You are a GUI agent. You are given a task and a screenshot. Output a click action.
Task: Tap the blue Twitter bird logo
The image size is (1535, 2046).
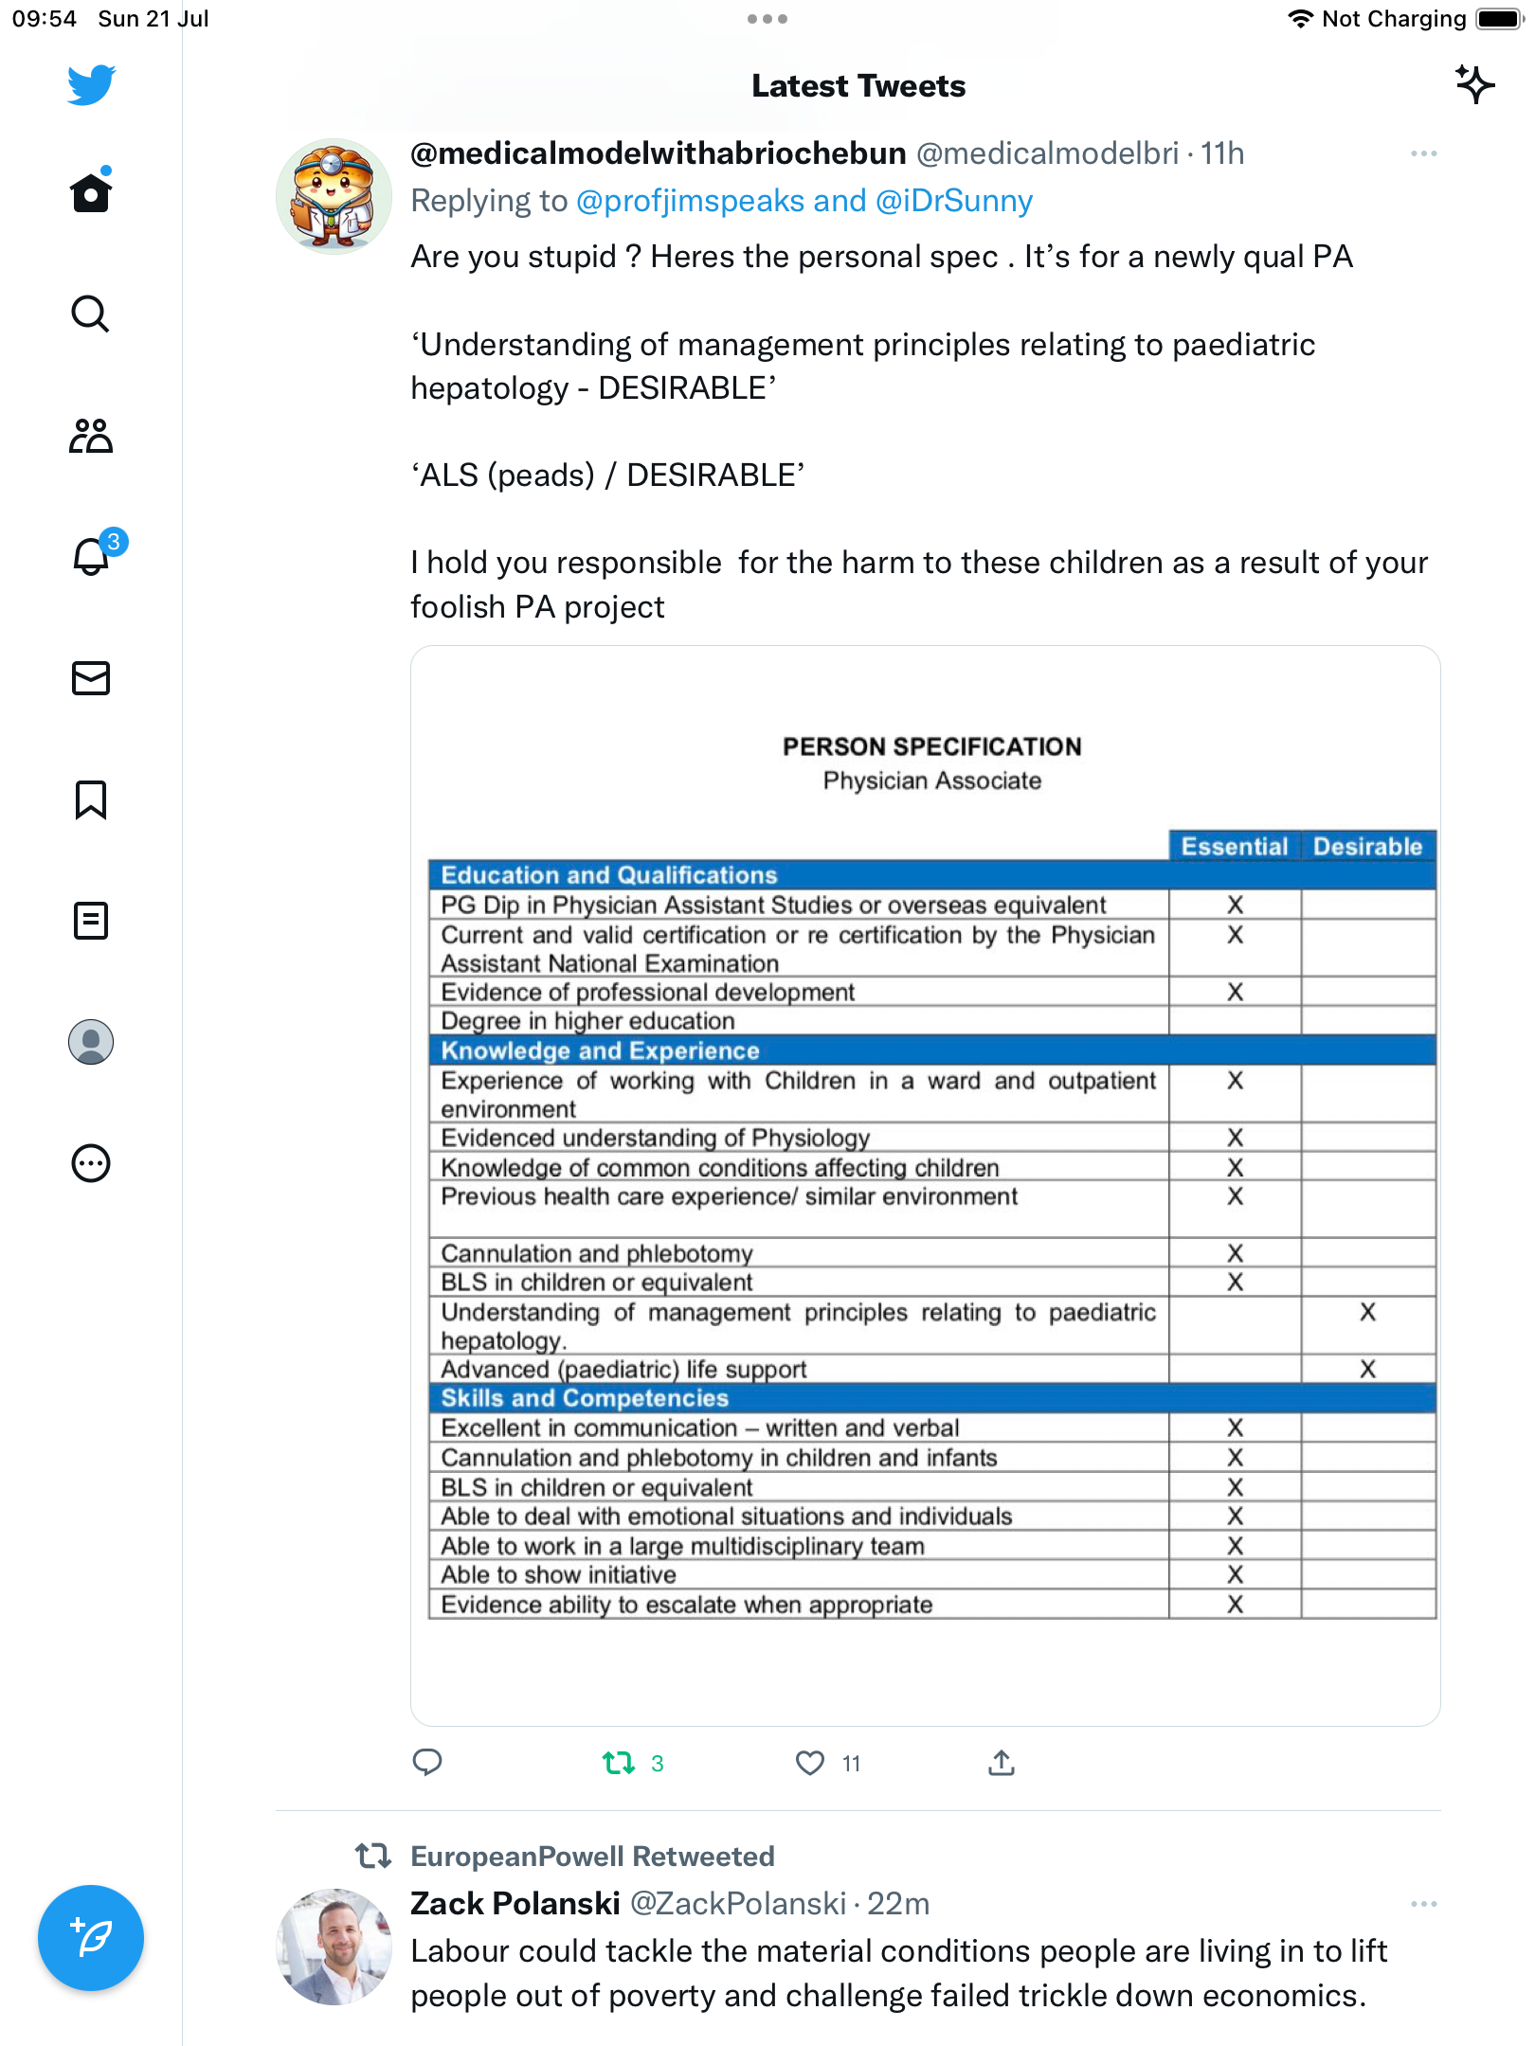point(91,85)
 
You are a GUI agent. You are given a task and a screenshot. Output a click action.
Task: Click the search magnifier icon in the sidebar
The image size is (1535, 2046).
point(91,314)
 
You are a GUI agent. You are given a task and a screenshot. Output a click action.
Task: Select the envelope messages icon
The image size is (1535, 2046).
point(91,678)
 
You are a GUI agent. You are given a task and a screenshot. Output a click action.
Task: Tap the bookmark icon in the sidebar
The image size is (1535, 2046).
point(91,799)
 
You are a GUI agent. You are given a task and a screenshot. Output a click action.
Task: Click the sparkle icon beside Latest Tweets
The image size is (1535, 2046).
point(1474,85)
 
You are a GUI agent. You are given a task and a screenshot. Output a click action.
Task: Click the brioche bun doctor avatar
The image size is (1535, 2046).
point(334,196)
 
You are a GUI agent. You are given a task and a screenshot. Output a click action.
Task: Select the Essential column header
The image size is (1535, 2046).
point(1234,846)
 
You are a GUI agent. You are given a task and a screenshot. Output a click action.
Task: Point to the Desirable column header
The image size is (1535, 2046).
point(1367,846)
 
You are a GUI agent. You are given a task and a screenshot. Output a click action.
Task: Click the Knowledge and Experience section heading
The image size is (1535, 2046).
point(600,1050)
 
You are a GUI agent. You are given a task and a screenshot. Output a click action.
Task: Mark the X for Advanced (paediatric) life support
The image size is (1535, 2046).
point(1367,1369)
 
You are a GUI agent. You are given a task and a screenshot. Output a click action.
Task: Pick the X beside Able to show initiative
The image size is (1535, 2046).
point(1235,1574)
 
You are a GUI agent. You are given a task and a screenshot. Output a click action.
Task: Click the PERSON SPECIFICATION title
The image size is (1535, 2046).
point(931,746)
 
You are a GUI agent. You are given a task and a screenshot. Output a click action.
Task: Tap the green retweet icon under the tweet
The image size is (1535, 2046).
point(619,1763)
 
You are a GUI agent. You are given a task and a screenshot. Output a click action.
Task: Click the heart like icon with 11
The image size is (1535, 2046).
point(810,1763)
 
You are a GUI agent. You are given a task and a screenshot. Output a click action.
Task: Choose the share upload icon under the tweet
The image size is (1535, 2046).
point(1002,1763)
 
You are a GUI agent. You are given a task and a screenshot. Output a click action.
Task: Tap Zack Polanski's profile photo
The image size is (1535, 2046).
point(334,1947)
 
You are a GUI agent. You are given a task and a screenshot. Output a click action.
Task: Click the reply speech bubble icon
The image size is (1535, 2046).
point(427,1763)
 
